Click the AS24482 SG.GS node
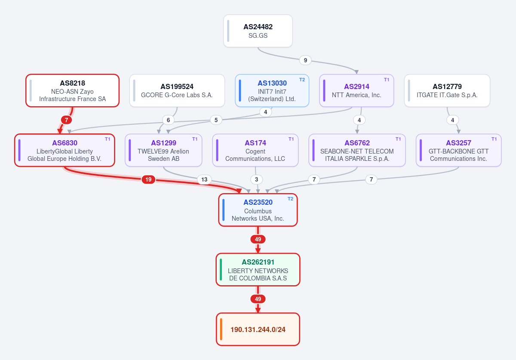pos(258,31)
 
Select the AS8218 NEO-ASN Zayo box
pos(72,91)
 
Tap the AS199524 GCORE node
pos(177,91)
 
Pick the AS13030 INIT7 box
pos(272,91)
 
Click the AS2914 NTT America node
pos(356,91)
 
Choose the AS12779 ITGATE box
pos(447,91)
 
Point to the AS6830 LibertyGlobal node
pos(64,150)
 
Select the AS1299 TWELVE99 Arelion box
pos(163,150)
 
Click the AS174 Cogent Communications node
pos(255,150)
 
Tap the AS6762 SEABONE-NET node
pos(357,150)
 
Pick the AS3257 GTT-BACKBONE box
pos(458,150)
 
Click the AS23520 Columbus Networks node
pos(258,210)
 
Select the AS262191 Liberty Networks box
pos(258,270)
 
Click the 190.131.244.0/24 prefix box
pos(258,329)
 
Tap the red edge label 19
pos(148,179)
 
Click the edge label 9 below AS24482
pos(305,60)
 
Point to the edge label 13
pos(204,179)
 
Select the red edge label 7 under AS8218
pos(66,120)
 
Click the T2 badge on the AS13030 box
pos(302,80)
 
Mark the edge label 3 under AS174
pos(256,179)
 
